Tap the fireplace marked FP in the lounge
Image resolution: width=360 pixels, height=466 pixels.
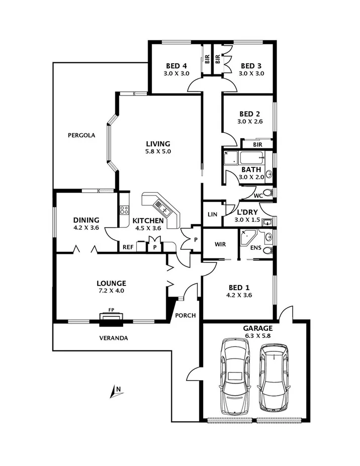111,317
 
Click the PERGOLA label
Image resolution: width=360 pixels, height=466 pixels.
82,135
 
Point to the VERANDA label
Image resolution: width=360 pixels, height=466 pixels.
113,338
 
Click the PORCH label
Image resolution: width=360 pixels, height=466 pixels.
185,316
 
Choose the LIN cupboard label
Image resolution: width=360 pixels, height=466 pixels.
212,215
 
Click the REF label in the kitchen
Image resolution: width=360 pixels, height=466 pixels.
128,247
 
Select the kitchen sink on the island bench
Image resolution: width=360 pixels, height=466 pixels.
162,205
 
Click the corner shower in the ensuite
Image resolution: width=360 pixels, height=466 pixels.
249,237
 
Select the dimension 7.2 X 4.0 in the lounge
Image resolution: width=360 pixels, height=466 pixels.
112,291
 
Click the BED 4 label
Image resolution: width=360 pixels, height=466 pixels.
177,66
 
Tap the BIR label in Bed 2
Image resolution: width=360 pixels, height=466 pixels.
257,144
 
